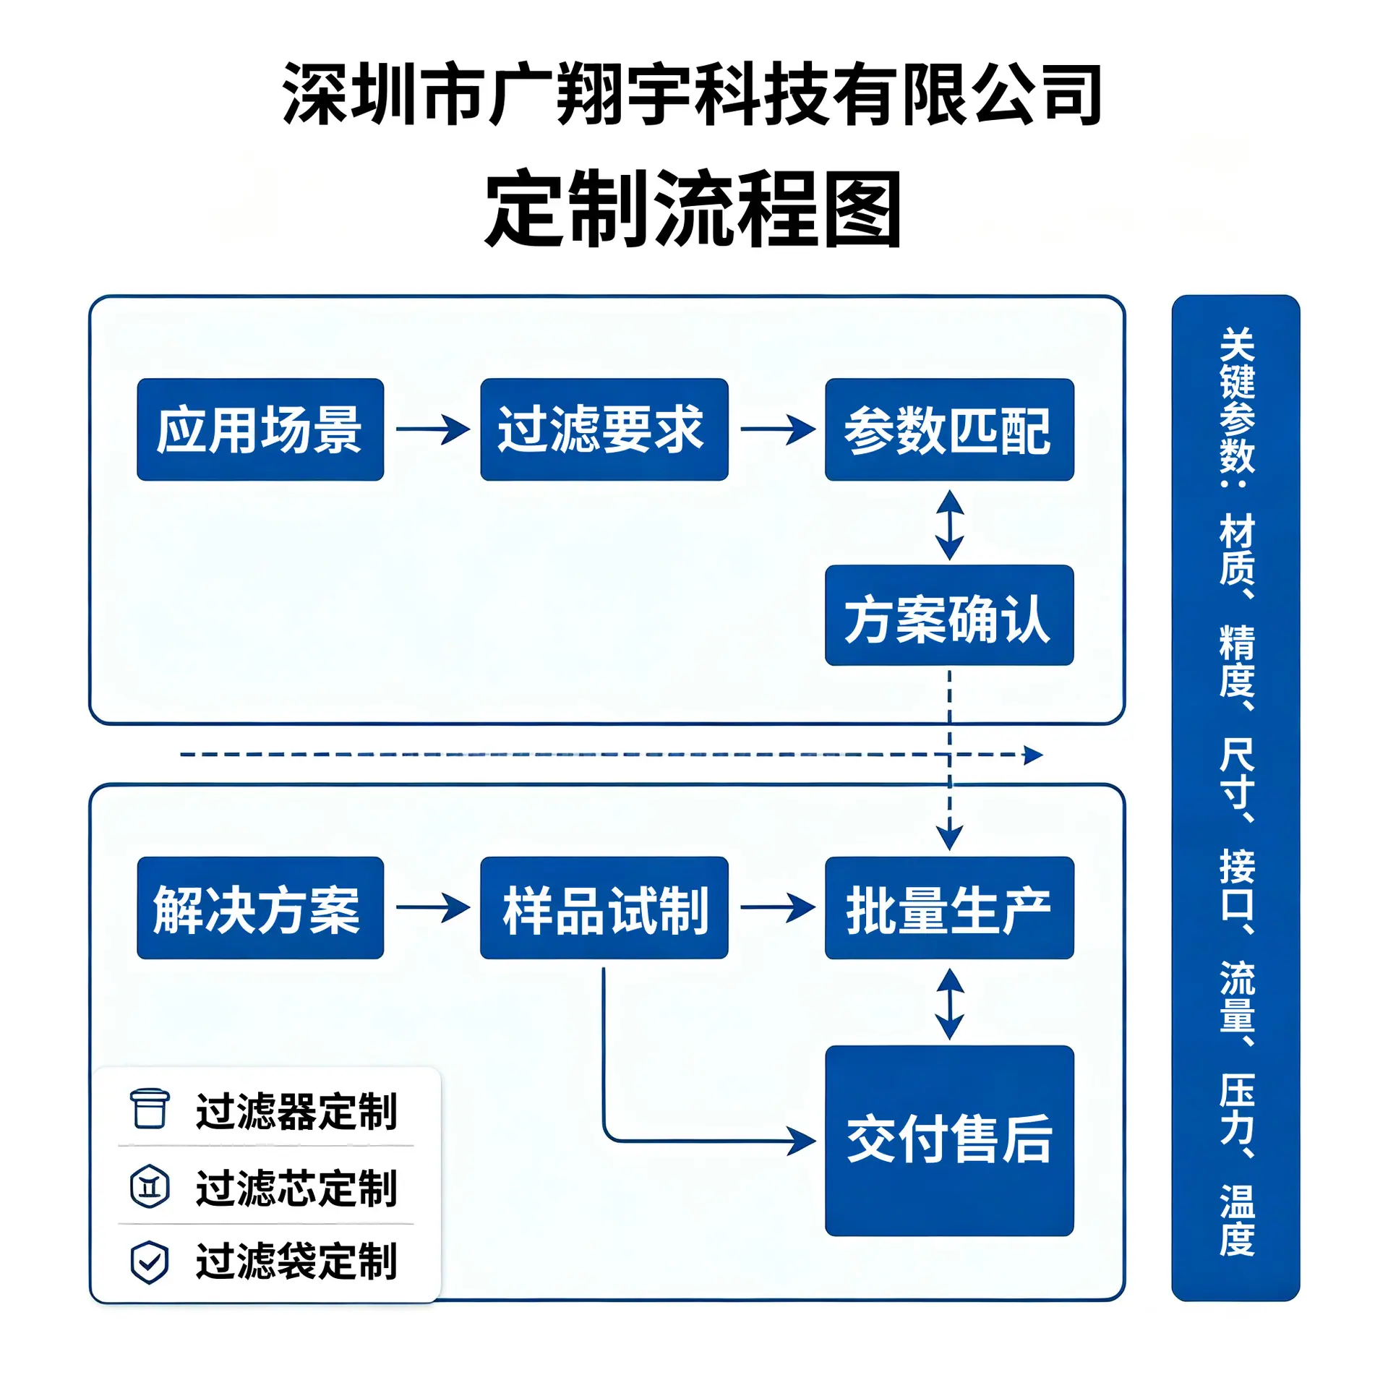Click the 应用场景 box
260,429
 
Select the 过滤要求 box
604,429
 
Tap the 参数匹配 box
949,429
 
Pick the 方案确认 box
949,615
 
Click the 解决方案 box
260,908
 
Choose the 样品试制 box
604,908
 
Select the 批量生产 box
949,908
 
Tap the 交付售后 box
949,1141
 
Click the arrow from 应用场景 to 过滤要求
433,429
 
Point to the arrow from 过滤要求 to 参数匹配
778,429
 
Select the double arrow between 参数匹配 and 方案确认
949,526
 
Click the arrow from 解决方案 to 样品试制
433,908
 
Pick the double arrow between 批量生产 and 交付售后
949,1004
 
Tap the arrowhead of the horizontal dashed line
1034,755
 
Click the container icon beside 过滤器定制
150,1109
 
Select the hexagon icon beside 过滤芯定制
150,1187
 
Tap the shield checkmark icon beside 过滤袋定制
150,1263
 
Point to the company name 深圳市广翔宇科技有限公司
693,94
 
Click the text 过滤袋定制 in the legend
296,1262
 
